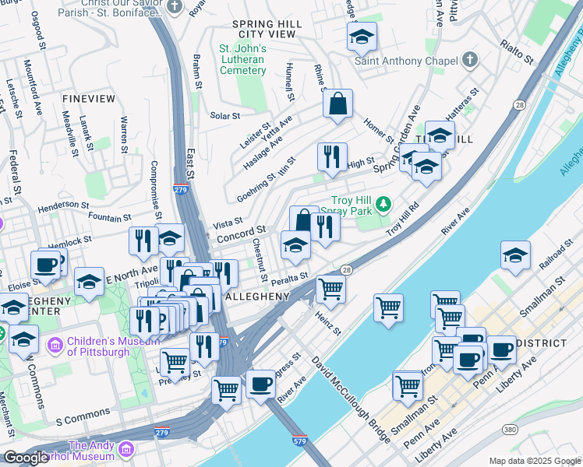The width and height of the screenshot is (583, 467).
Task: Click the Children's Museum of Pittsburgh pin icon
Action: (55, 343)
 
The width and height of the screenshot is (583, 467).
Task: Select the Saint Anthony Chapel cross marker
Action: (470, 60)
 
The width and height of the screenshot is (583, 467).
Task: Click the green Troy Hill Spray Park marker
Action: (383, 205)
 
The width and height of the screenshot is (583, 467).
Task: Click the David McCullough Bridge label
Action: (351, 401)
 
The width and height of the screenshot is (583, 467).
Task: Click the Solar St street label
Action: (225, 116)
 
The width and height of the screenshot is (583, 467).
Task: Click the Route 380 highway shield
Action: (510, 430)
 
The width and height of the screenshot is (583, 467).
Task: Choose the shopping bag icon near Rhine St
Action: (337, 104)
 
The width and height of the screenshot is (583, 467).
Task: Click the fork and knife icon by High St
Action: (332, 156)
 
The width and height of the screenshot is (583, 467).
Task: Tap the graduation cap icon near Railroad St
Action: (515, 256)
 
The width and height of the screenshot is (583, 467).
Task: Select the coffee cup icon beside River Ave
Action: (260, 384)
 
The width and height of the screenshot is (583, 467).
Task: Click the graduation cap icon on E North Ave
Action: (90, 281)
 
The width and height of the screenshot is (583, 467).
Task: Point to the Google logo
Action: (26, 458)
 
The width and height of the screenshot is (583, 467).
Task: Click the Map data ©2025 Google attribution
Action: (534, 461)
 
